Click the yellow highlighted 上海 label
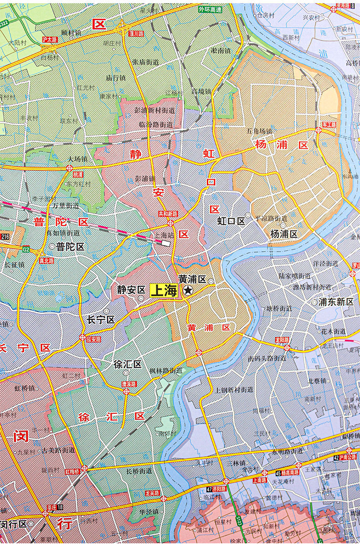click(x=164, y=291)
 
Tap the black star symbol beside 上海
click(x=187, y=290)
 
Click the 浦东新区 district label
click(x=336, y=302)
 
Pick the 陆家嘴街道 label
click(x=294, y=276)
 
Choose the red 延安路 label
click(x=93, y=339)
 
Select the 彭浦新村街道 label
click(x=154, y=110)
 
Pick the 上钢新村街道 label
click(x=234, y=390)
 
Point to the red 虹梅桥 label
click(x=72, y=471)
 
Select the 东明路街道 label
click(x=288, y=451)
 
